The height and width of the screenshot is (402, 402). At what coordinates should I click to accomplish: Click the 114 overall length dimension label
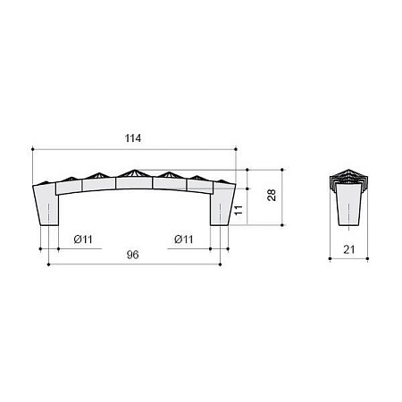tap(133, 138)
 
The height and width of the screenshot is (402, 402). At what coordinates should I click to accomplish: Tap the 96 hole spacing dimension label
tap(132, 255)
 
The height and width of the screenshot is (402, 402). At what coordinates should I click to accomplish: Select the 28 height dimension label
tap(272, 195)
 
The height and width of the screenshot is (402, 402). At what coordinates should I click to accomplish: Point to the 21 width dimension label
tap(349, 249)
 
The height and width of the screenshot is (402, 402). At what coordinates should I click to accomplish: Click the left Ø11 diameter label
tap(83, 239)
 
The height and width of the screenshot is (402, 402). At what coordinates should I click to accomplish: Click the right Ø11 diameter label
tap(184, 239)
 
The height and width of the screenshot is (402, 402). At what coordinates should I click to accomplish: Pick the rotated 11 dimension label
tap(239, 210)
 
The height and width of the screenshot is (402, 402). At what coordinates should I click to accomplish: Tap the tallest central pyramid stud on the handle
tap(134, 173)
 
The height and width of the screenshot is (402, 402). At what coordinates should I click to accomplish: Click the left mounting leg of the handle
tap(46, 205)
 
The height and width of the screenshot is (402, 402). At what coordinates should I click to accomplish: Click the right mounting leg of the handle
tap(222, 205)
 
